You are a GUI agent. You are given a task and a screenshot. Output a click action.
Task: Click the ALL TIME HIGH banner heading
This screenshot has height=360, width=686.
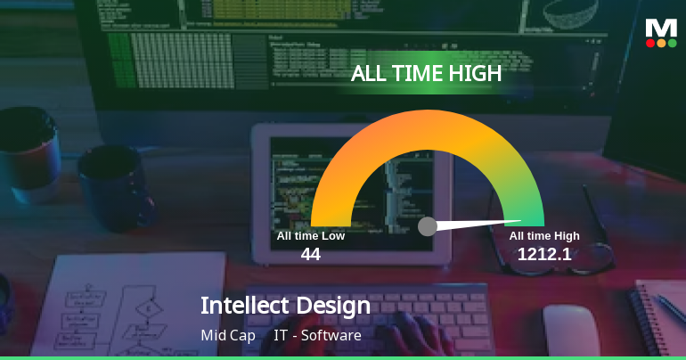tap(426, 73)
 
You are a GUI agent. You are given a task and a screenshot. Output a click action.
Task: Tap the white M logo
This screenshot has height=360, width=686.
tap(661, 28)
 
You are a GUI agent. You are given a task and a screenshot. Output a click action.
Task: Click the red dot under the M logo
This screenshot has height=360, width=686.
tap(650, 43)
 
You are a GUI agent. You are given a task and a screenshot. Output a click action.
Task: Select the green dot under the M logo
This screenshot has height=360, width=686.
tap(672, 43)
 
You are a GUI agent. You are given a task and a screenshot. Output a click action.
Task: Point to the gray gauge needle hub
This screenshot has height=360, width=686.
tap(428, 226)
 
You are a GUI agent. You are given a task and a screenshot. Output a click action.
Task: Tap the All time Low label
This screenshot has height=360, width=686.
tap(311, 236)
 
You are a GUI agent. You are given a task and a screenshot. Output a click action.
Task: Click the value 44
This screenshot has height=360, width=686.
tap(311, 254)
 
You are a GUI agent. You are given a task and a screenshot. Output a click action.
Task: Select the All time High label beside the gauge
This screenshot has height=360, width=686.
tap(544, 236)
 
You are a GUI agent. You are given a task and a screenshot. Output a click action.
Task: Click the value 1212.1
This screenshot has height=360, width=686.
tap(544, 254)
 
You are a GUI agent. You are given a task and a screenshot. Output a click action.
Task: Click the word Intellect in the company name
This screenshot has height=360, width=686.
tap(245, 305)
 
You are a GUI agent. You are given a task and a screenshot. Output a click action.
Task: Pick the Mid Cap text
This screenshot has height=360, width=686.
tap(228, 336)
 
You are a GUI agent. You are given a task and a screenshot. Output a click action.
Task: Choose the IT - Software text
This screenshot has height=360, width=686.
tap(318, 336)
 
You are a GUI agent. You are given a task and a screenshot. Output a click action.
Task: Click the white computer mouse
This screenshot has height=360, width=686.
tap(571, 331)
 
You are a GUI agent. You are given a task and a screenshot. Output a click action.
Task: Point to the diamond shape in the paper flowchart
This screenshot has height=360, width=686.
tap(149, 309)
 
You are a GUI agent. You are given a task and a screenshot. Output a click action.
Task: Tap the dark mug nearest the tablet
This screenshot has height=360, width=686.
tap(115, 188)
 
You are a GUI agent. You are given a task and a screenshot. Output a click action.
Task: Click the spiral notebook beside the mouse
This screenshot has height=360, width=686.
tap(658, 317)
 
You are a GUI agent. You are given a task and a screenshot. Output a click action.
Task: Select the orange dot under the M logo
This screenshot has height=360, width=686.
tap(661, 43)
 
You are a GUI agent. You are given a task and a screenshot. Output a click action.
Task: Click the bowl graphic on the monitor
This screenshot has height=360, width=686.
tap(570, 13)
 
